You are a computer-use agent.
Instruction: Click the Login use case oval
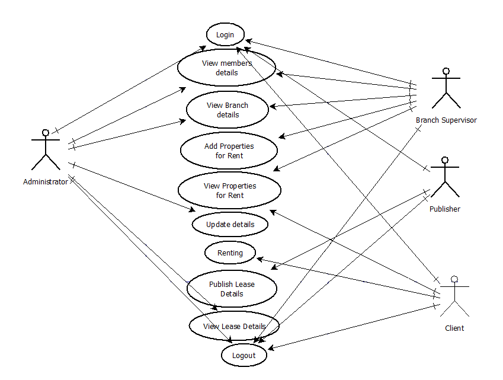tap(225, 34)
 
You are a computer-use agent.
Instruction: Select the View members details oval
tap(227, 68)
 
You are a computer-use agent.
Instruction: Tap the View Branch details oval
tap(228, 110)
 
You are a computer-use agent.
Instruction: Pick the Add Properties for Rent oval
tap(229, 151)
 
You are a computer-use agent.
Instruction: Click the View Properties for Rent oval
tap(229, 190)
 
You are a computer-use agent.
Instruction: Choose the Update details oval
tap(230, 225)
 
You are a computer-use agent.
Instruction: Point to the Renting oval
tap(230, 253)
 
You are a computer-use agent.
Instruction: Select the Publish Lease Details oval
tap(232, 289)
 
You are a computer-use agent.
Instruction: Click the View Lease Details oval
tap(234, 326)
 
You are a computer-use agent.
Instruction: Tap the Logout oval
tap(244, 355)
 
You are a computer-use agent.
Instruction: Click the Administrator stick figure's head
tap(45, 132)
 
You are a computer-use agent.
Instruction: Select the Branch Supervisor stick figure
tap(446, 89)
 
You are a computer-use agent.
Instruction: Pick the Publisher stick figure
tap(445, 177)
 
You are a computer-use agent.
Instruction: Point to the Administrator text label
tap(45, 182)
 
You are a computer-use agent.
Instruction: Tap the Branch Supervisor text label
tap(446, 120)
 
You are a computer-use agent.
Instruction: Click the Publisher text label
tap(445, 209)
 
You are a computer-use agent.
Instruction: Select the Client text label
tap(454, 328)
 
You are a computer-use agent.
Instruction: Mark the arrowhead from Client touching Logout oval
tap(268, 349)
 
